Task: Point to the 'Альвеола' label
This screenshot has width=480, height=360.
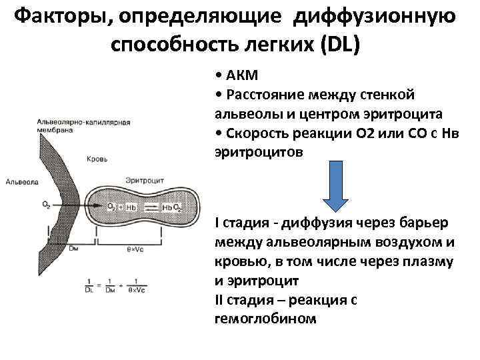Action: [x=19, y=181]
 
